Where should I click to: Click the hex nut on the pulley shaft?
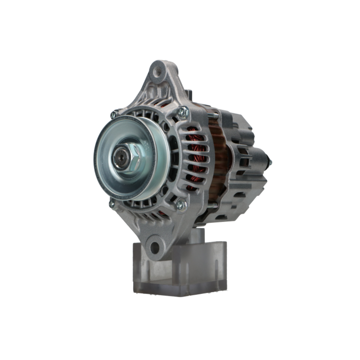tap(132, 158)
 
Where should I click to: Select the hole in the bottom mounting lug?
tap(154, 248)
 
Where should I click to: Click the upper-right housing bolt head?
tap(183, 112)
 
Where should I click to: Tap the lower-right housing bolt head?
tap(181, 205)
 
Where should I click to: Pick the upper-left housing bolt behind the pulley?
tap(114, 114)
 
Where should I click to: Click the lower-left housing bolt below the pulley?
tap(112, 204)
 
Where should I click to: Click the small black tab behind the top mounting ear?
tap(189, 94)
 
